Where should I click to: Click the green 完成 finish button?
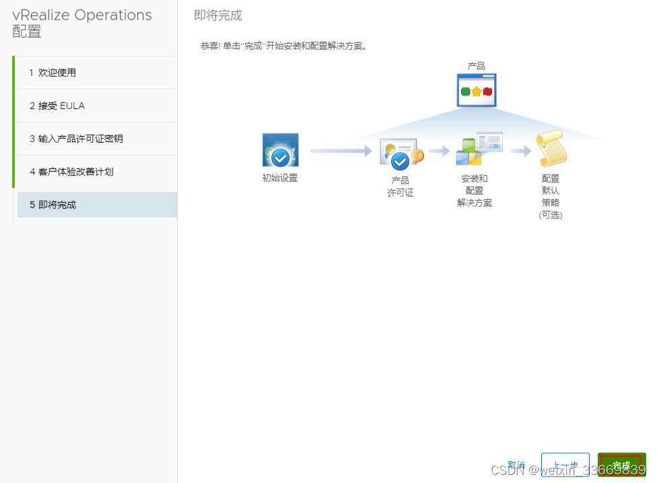pyautogui.click(x=621, y=465)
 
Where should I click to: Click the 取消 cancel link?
pyautogui.click(x=516, y=465)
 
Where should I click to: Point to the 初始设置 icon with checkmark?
pyautogui.click(x=280, y=150)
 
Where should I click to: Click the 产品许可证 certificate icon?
pyautogui.click(x=401, y=154)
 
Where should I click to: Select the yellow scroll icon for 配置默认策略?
pyautogui.click(x=551, y=148)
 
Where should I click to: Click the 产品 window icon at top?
pyautogui.click(x=477, y=90)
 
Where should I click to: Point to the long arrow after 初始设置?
pyautogui.click(x=341, y=152)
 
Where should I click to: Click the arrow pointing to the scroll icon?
pyautogui.click(x=520, y=152)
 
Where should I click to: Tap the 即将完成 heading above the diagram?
pyautogui.click(x=218, y=15)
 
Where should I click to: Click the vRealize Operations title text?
pyautogui.click(x=82, y=15)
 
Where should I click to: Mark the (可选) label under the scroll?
pyautogui.click(x=551, y=215)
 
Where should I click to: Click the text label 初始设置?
pyautogui.click(x=280, y=179)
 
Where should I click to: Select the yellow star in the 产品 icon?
pyautogui.click(x=477, y=91)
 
